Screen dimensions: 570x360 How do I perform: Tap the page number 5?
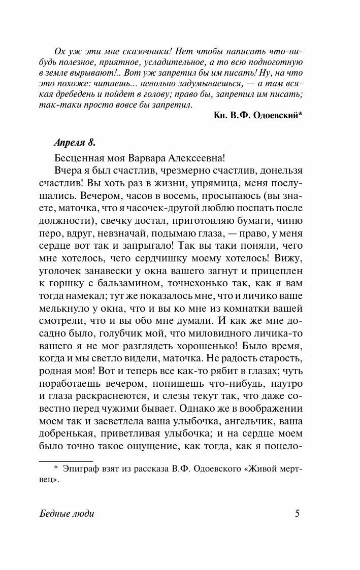coord(298,513)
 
